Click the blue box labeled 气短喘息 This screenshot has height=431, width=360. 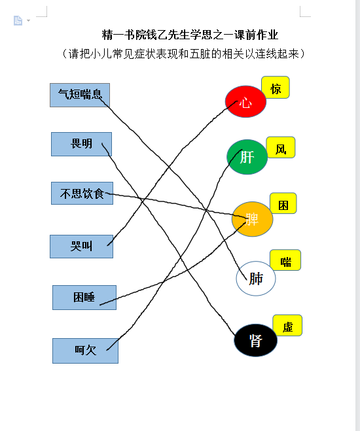click(80, 95)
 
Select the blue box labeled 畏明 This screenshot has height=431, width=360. click(81, 144)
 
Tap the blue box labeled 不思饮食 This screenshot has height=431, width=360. click(82, 193)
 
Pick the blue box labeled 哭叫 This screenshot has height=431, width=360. click(81, 247)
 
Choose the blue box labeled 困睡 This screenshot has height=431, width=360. click(84, 298)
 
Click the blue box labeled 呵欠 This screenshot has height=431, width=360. click(85, 351)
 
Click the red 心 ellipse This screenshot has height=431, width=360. click(245, 101)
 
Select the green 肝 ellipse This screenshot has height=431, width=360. click(247, 157)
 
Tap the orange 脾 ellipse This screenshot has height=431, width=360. click(252, 219)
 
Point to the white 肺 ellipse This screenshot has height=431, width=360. click(256, 279)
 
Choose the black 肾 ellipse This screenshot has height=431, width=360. click(255, 340)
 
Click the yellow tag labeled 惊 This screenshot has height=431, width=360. click(276, 88)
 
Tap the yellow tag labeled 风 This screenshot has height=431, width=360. click(281, 147)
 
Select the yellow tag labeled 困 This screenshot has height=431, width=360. click(283, 203)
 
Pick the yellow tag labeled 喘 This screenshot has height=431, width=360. click(285, 260)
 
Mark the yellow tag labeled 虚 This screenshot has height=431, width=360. click(287, 326)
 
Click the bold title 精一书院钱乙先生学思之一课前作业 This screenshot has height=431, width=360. click(190, 35)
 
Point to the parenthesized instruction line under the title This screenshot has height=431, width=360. click(184, 54)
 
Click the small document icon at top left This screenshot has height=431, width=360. click(18, 21)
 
